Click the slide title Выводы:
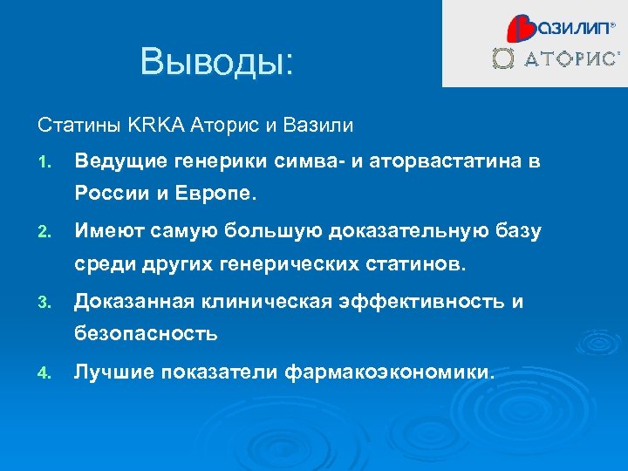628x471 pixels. coord(218,62)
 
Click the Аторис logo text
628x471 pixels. coord(572,59)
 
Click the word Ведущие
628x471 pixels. coord(116,160)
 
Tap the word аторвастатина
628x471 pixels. coord(447,160)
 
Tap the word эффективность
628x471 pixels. coord(426,302)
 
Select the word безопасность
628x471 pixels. coord(145,334)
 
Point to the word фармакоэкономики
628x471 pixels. coord(389,372)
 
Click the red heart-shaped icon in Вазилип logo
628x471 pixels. coord(520,29)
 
